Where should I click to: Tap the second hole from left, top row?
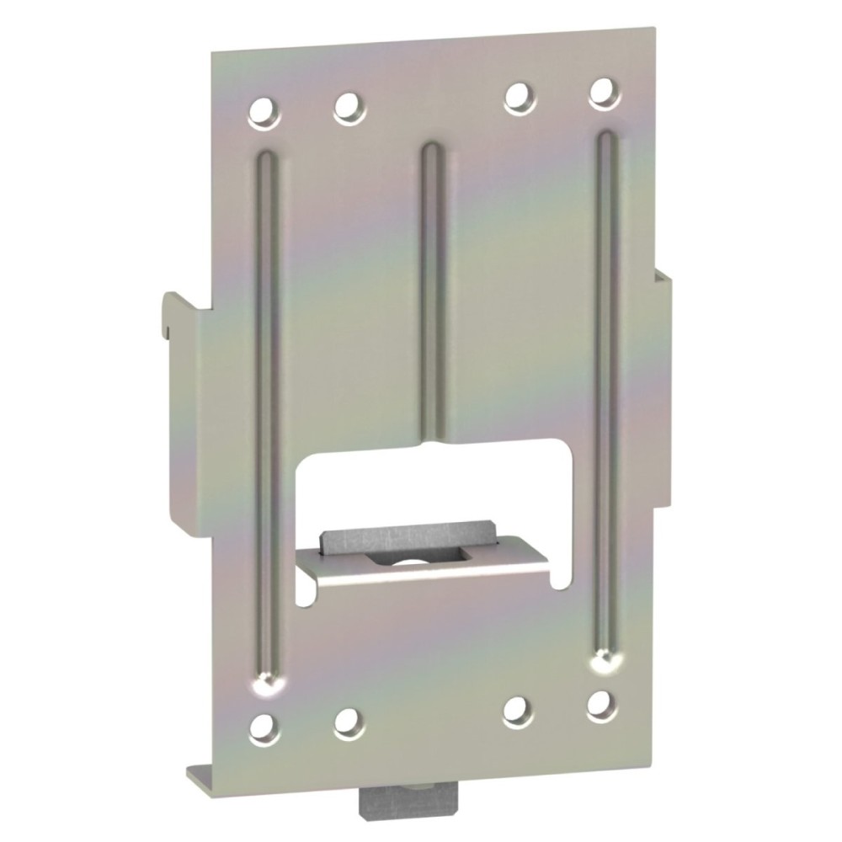pyautogui.click(x=348, y=108)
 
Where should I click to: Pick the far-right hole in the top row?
pyautogui.click(x=603, y=93)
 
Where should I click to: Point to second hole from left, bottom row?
pyautogui.click(x=348, y=721)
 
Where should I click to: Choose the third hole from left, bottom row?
pyautogui.click(x=517, y=711)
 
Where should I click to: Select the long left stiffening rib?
pyautogui.click(x=267, y=404)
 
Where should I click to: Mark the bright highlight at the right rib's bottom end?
pyautogui.click(x=601, y=664)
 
